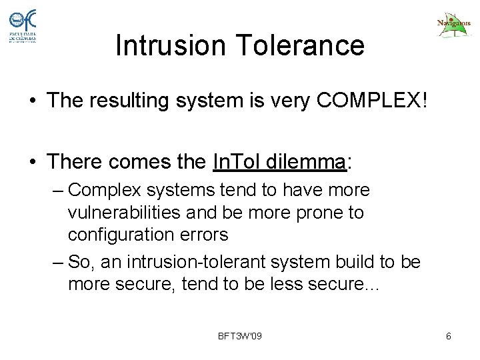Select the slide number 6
(x=449, y=335)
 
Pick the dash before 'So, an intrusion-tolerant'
(x=58, y=262)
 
